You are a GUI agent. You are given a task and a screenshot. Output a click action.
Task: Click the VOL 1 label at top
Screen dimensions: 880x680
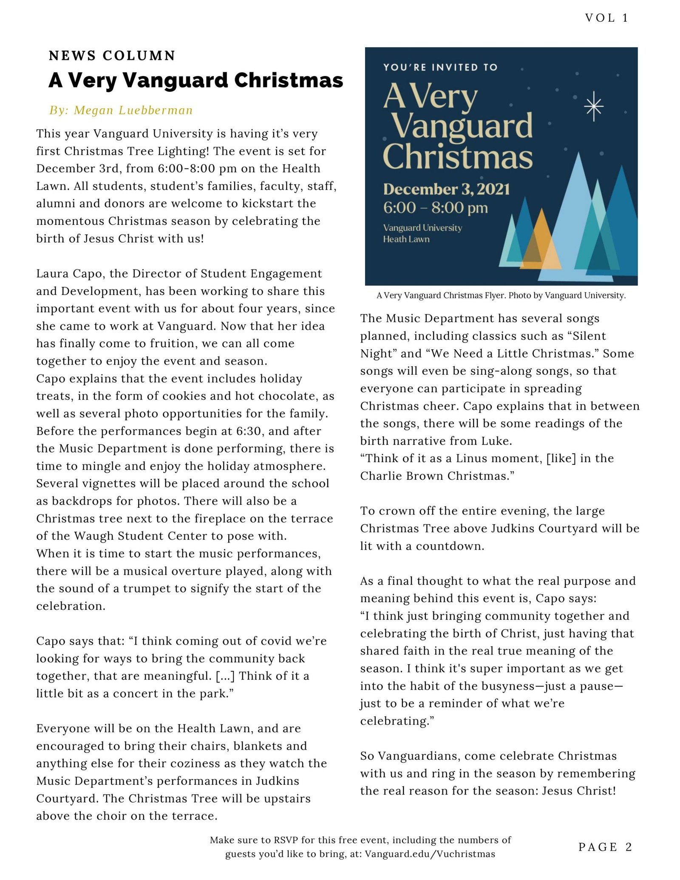click(x=606, y=18)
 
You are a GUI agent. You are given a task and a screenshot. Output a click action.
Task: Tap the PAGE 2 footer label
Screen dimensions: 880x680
click(x=605, y=847)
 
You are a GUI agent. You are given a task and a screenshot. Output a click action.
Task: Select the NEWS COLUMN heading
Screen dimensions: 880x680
click(x=112, y=56)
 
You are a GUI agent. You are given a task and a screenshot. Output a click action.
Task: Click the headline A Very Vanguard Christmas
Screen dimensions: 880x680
click(x=195, y=80)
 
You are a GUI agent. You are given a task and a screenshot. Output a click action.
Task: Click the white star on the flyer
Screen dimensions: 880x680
click(x=594, y=107)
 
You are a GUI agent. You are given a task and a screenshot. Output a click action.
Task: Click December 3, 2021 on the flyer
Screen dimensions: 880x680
click(x=446, y=189)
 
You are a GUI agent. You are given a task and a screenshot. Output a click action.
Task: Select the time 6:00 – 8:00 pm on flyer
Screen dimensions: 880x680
click(x=435, y=208)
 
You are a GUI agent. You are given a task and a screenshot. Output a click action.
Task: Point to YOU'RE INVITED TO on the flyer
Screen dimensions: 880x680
click(x=440, y=67)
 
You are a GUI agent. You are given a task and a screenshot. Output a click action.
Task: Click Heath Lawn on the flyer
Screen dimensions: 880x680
click(x=406, y=239)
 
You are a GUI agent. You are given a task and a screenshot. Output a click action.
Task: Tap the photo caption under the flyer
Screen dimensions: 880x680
click(x=501, y=295)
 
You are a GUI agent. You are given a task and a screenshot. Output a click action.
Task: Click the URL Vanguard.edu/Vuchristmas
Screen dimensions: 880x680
click(x=430, y=854)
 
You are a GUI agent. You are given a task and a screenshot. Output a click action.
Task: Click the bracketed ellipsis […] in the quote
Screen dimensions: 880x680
click(x=225, y=676)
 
